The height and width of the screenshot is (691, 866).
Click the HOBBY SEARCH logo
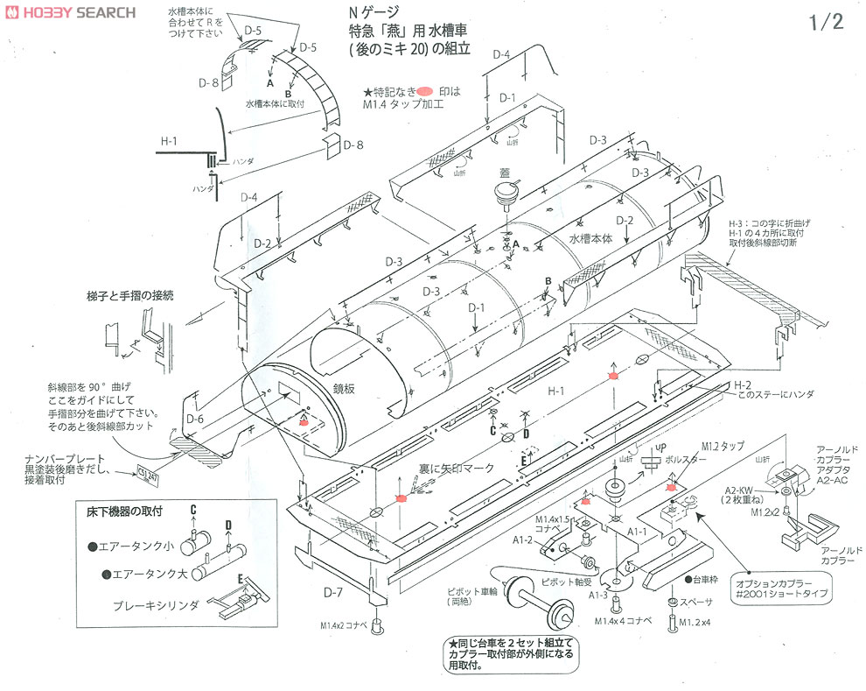[70, 12]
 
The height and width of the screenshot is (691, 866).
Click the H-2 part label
[741, 384]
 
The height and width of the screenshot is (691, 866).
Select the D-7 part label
[332, 593]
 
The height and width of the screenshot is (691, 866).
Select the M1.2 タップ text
[722, 445]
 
